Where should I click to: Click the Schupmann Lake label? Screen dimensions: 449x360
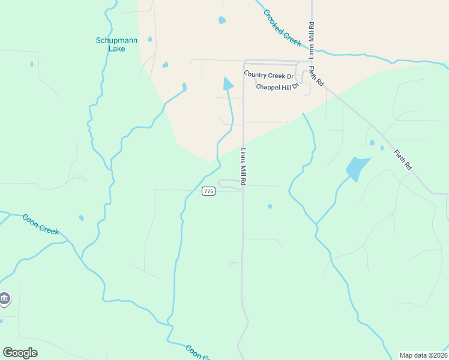coord(116,44)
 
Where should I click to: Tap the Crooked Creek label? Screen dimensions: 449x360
coord(282,28)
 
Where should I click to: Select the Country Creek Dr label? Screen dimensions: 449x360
coord(268,76)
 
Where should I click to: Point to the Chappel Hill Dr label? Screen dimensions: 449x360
coord(277,87)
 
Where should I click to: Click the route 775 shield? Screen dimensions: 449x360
coord(208,191)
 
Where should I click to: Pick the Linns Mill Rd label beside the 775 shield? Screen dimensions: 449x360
coord(244,166)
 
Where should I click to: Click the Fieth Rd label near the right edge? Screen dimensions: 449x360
coord(403,160)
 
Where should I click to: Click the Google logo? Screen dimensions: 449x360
coord(20,353)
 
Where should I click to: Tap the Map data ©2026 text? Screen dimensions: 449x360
coord(424,355)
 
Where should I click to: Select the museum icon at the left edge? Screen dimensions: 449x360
coord(4,299)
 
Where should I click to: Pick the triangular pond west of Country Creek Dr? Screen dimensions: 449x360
coord(228,84)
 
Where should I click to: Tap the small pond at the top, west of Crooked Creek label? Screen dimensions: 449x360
coord(222,20)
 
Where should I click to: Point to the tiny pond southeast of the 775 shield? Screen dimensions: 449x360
coord(270,206)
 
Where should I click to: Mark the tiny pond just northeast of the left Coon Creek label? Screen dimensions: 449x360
coord(81,218)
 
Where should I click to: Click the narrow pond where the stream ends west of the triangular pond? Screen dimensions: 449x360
coord(184,88)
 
